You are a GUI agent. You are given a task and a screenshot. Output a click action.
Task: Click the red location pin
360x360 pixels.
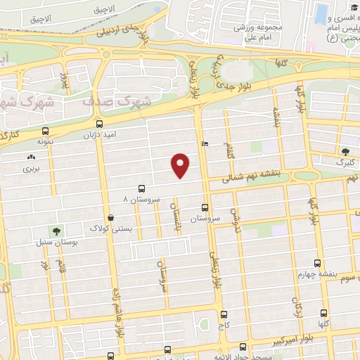[181, 165]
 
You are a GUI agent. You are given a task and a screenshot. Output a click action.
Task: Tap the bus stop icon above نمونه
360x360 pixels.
[46, 131]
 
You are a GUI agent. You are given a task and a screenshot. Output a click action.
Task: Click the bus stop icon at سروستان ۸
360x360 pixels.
[141, 188]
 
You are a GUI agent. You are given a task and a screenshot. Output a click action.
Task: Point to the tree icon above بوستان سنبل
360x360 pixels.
[56, 231]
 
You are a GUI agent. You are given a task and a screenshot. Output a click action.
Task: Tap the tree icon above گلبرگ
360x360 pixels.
[345, 152]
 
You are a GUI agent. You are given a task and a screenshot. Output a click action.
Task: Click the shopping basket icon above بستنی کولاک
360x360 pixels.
[111, 218]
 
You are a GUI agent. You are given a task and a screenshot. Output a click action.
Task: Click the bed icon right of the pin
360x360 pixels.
[204, 143]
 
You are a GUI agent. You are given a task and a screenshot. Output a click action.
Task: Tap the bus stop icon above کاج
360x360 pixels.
[224, 314]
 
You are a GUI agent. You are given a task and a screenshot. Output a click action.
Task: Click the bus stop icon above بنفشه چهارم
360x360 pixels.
[318, 262]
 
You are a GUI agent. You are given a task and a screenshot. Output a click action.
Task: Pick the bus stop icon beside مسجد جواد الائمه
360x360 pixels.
[243, 347]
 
